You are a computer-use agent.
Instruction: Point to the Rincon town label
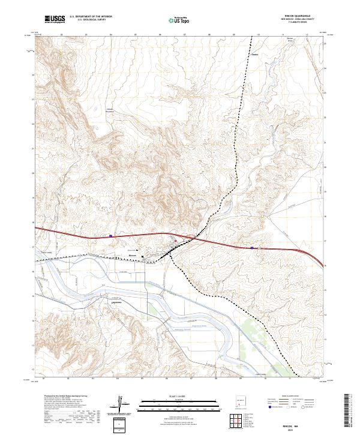(133, 255)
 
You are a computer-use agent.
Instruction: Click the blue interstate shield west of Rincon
(110, 236)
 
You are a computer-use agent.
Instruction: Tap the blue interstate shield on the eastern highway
(252, 247)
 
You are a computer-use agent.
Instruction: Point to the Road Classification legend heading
(285, 397)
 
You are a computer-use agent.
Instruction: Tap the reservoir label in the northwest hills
(109, 110)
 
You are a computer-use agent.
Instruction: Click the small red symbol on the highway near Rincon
(175, 242)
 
